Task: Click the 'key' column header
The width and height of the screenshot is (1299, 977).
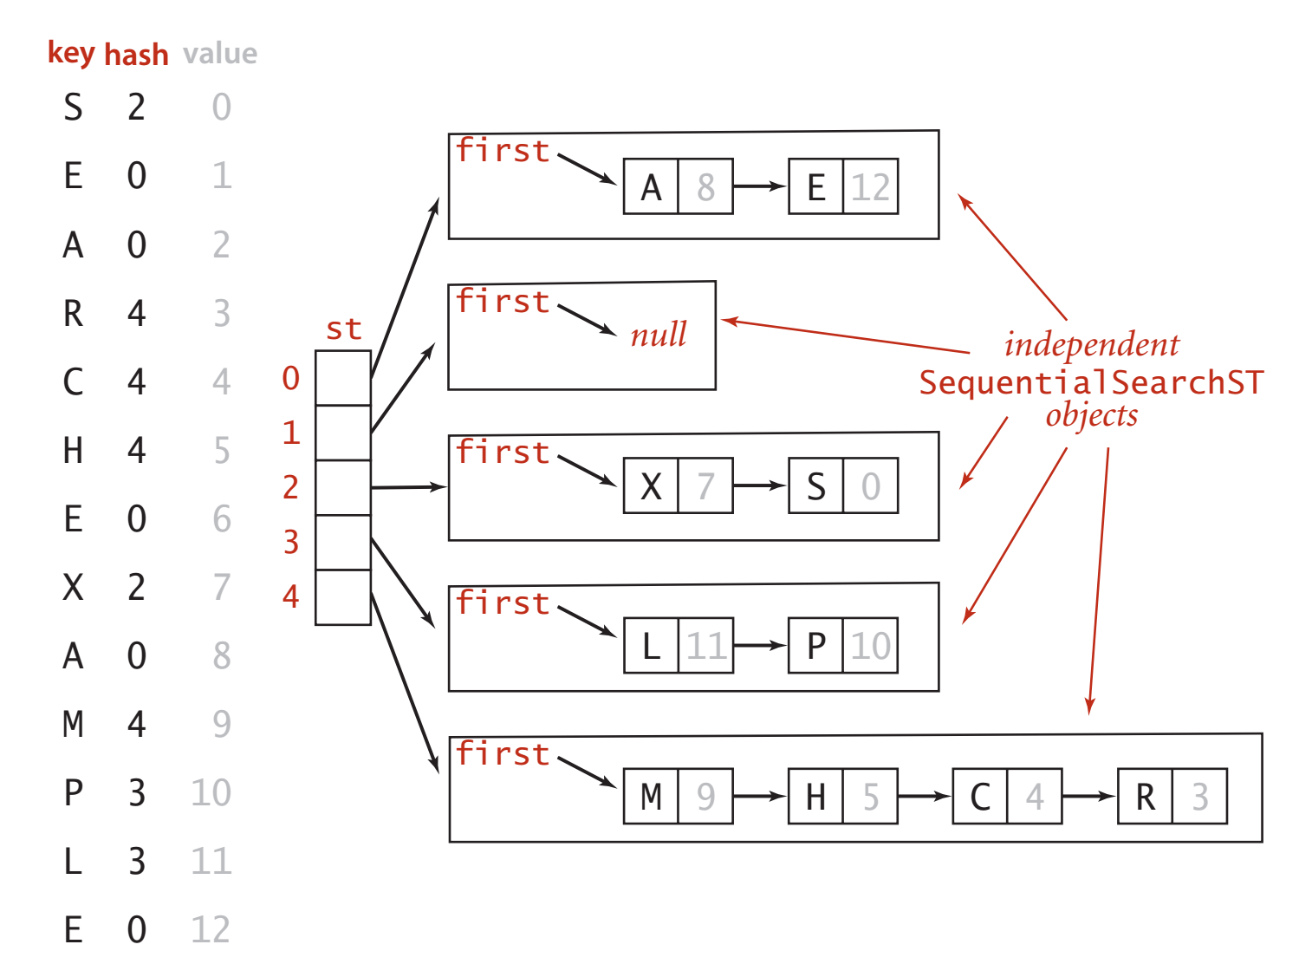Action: click(x=70, y=53)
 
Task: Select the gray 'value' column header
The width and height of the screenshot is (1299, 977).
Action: click(x=220, y=54)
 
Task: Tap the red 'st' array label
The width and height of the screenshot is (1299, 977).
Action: click(x=343, y=329)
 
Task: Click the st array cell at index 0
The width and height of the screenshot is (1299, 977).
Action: click(x=343, y=378)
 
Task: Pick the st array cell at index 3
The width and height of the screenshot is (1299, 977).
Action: click(x=343, y=543)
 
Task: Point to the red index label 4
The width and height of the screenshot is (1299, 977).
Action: click(x=291, y=596)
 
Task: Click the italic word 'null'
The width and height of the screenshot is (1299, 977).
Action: click(x=659, y=335)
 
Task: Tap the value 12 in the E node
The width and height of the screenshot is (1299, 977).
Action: click(x=870, y=186)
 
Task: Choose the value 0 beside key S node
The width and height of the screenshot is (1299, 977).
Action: click(x=870, y=485)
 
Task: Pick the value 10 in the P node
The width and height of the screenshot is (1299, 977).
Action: click(x=870, y=646)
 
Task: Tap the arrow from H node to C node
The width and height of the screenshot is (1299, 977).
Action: click(x=925, y=796)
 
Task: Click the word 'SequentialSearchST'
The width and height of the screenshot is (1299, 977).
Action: click(x=1091, y=382)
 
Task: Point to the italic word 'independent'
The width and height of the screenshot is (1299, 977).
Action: click(x=1091, y=345)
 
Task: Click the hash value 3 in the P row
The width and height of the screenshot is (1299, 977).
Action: click(x=136, y=792)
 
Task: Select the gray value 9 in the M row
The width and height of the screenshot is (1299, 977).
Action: click(x=222, y=724)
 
